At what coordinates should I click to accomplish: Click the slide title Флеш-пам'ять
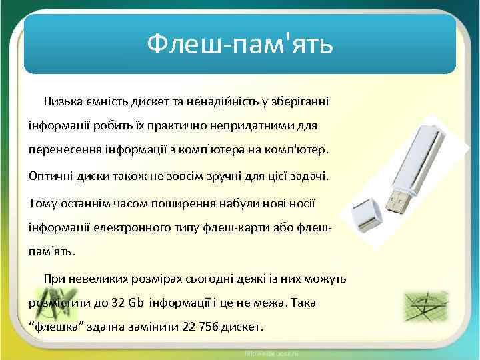pos(239,45)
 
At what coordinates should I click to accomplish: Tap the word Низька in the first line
pos(64,101)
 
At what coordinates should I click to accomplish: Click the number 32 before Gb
pos(118,303)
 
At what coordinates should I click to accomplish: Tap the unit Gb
pos(136,303)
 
